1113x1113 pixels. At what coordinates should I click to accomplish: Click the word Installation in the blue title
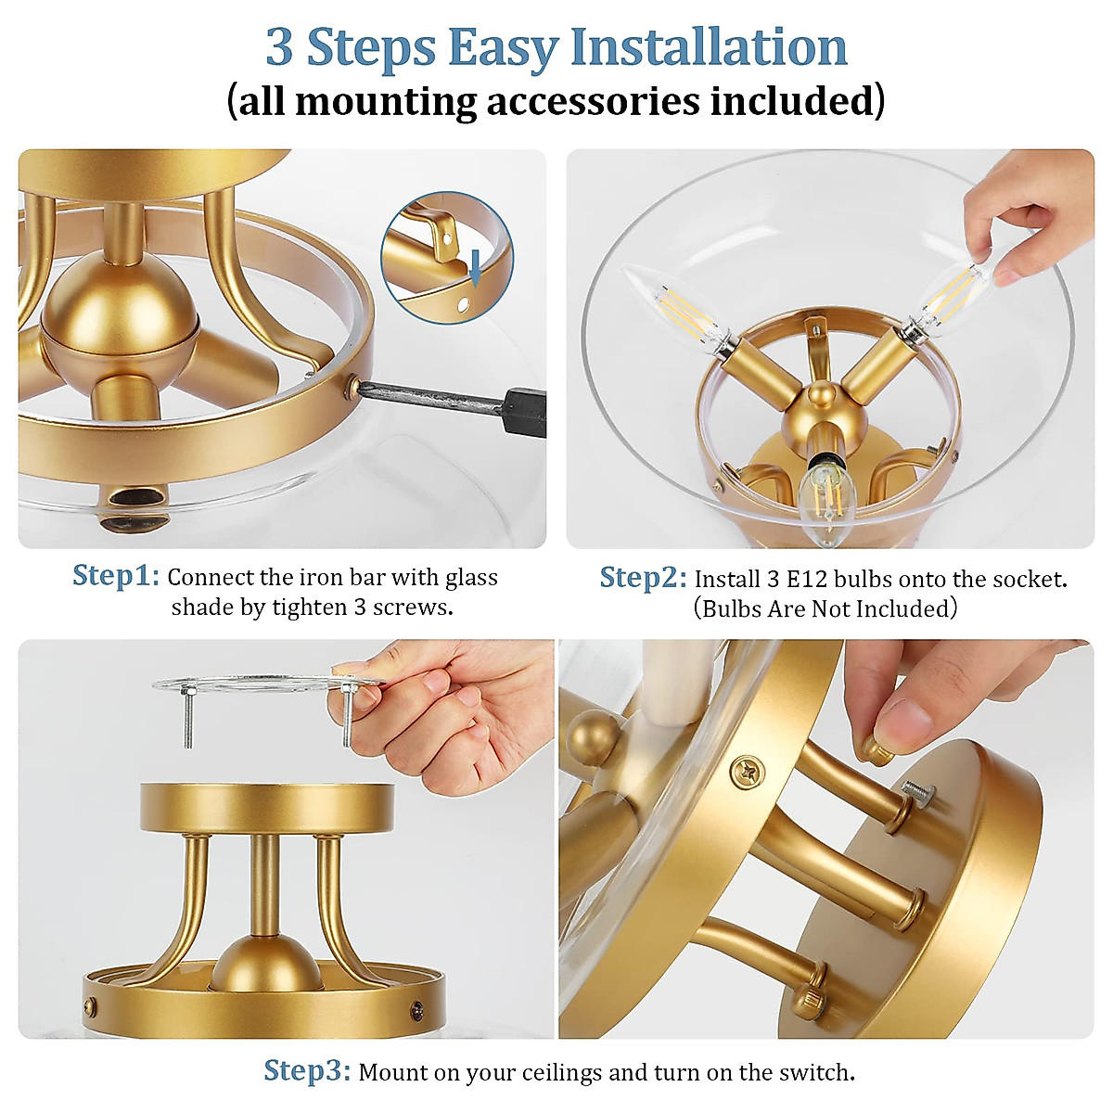[x=709, y=46]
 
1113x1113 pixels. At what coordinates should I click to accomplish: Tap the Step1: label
[x=116, y=576]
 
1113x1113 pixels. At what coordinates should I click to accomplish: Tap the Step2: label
[x=644, y=578]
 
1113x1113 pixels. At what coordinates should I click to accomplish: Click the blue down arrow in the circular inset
[x=476, y=270]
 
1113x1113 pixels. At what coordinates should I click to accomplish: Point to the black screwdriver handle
[x=525, y=411]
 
